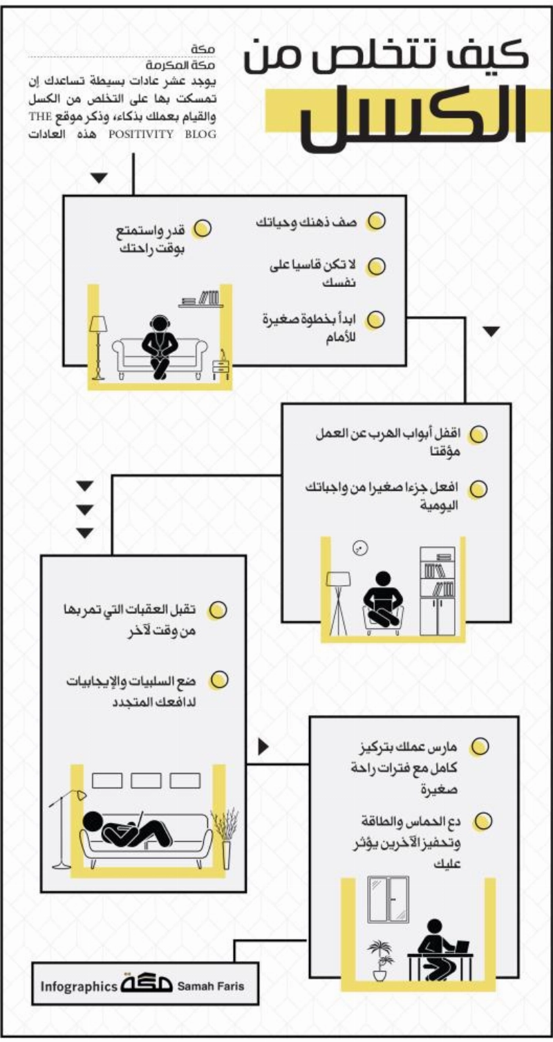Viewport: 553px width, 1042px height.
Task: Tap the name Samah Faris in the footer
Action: [210, 986]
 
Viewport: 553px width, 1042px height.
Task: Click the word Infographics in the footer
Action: [79, 986]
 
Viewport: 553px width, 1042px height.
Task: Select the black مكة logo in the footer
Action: [147, 984]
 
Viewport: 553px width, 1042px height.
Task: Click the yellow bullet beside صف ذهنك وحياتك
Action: [376, 221]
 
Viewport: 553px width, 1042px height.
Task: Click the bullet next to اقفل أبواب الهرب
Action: [478, 434]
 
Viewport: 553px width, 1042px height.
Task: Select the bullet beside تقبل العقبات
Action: [217, 611]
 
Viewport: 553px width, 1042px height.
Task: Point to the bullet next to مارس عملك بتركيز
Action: [479, 747]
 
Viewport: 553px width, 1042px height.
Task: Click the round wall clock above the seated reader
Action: [360, 548]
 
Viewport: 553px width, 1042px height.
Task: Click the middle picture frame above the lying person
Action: [146, 781]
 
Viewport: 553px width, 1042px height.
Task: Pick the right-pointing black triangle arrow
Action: [263, 747]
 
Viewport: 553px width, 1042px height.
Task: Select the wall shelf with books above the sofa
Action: [201, 299]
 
